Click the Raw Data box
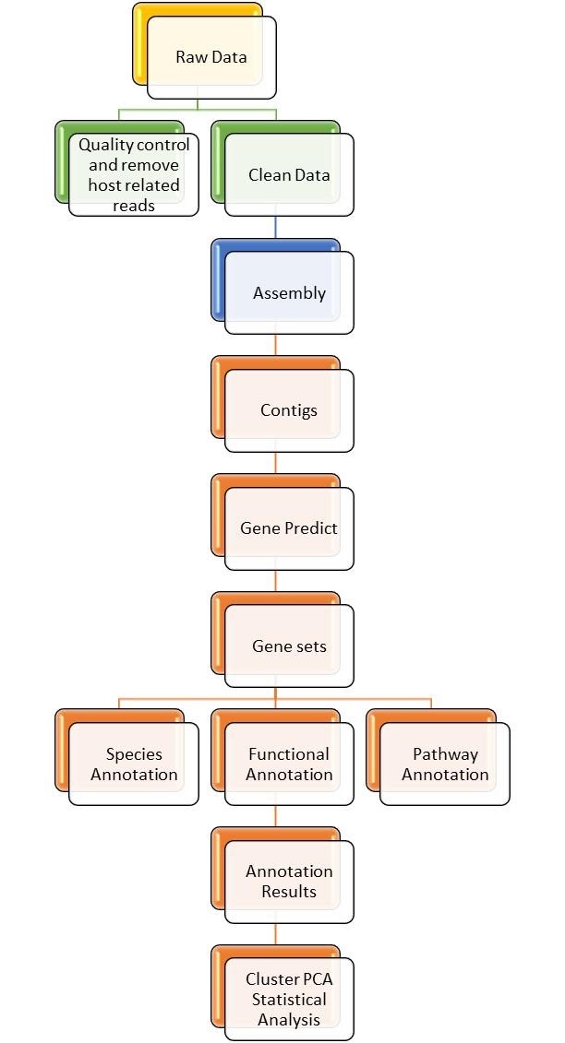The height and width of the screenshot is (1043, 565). (x=211, y=57)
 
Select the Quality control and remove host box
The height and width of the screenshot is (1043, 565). (x=134, y=174)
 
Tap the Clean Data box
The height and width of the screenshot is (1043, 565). (x=289, y=174)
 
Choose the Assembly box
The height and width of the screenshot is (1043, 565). (x=289, y=293)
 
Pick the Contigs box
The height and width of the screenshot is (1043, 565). (x=289, y=410)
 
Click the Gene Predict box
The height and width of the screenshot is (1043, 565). (x=289, y=528)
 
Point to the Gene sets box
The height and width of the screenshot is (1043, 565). (x=289, y=646)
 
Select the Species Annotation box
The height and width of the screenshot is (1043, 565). (x=134, y=764)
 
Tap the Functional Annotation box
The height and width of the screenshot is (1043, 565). (x=289, y=764)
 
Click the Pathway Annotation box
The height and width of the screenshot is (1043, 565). (x=445, y=764)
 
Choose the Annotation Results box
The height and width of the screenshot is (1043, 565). (x=289, y=882)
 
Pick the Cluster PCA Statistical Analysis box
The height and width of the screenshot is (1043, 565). (x=289, y=999)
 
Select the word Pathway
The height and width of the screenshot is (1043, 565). (x=445, y=754)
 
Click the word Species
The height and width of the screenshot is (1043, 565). (x=134, y=754)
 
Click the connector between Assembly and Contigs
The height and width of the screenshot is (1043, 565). (x=276, y=345)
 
